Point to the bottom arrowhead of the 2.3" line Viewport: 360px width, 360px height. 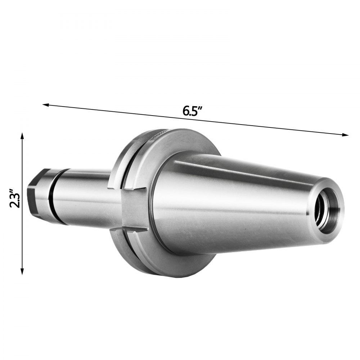point(22,272)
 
